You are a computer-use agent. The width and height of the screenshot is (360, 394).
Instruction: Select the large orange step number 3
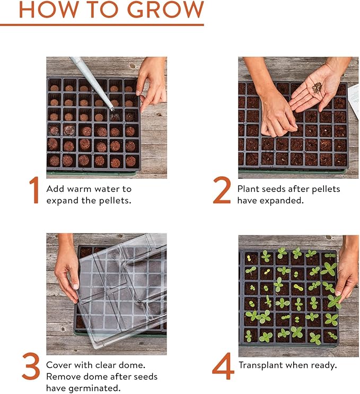(31, 366)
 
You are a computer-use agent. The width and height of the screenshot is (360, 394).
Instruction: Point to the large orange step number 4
(223, 366)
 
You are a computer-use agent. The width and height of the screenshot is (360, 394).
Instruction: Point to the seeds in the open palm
(317, 88)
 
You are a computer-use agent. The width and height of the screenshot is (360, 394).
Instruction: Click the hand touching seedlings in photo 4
(347, 276)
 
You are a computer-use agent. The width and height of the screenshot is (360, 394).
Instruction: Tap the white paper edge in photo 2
(354, 101)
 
